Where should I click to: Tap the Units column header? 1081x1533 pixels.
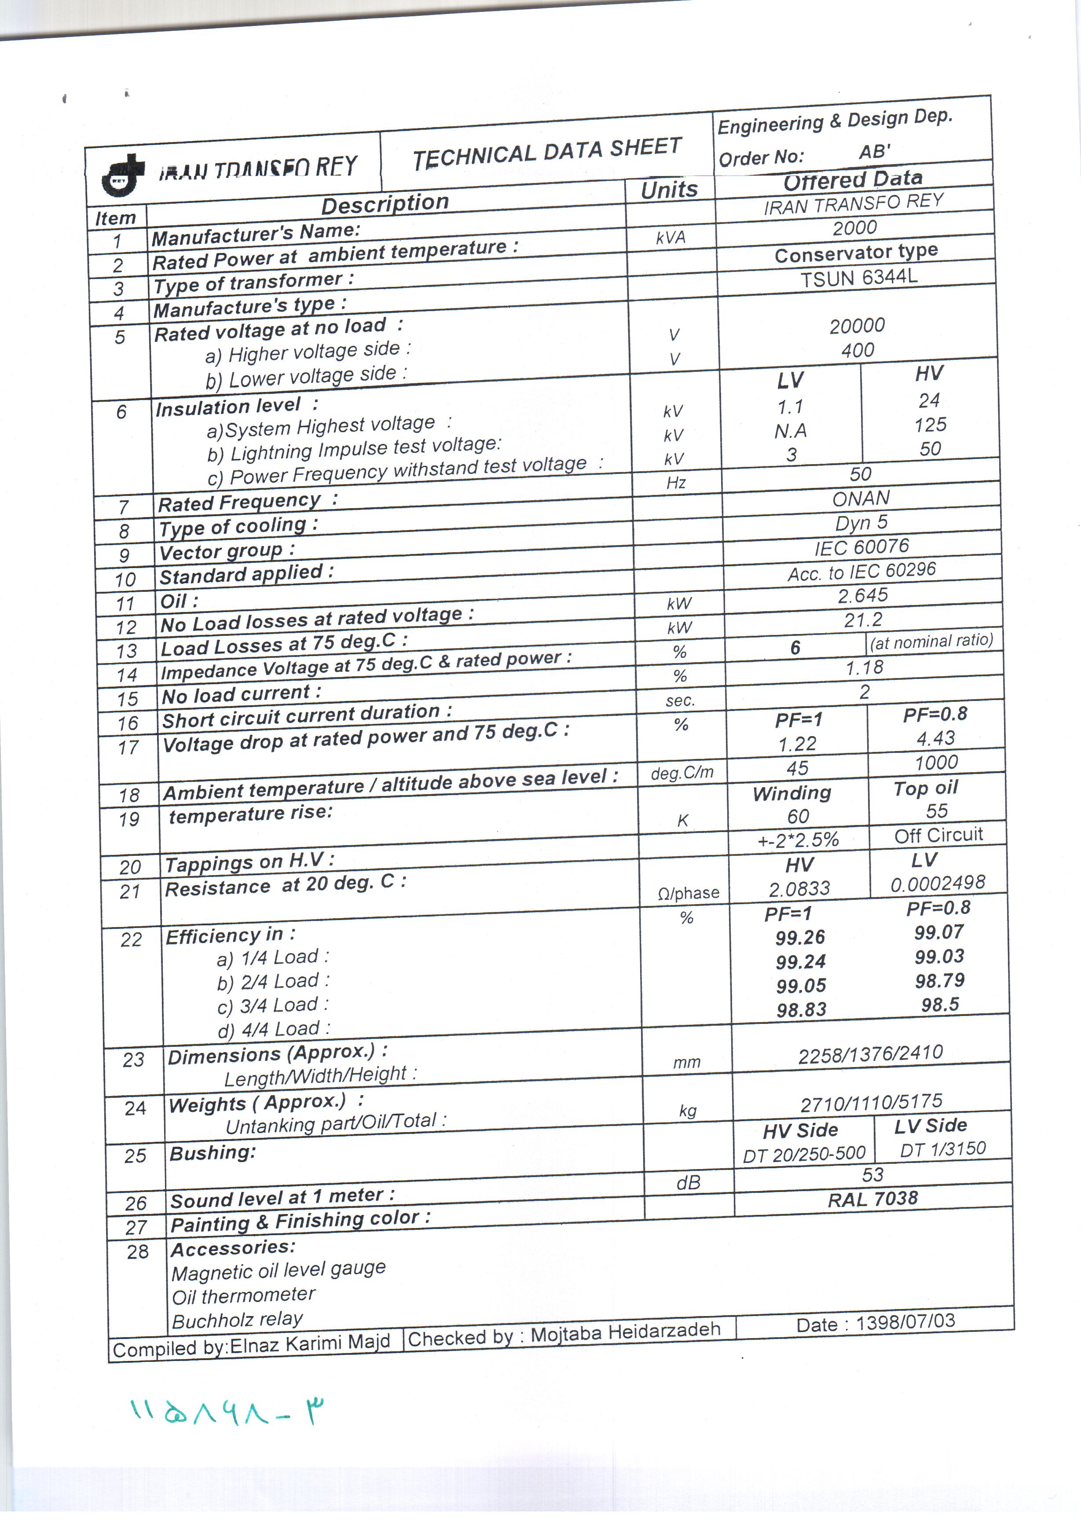tap(669, 190)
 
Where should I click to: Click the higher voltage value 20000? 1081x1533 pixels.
tap(857, 326)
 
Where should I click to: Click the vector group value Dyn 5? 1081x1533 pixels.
tap(861, 523)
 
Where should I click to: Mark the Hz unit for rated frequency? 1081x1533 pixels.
tap(676, 483)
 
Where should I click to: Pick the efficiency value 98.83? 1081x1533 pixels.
tap(801, 1009)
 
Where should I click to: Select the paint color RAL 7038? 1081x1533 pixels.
tap(873, 1199)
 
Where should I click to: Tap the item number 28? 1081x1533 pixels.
tap(138, 1251)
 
